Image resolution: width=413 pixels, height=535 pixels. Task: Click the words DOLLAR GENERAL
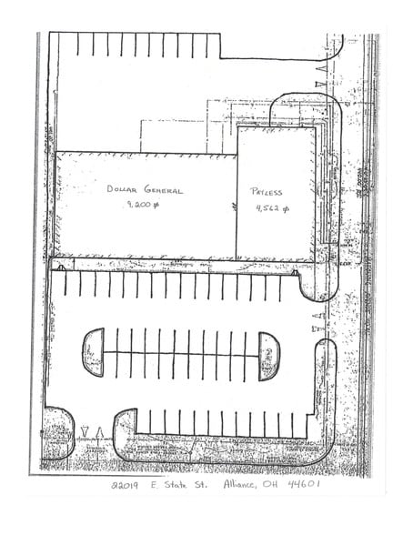143,191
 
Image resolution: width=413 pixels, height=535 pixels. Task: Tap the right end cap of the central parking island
269,355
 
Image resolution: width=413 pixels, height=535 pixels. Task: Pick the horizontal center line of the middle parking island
181,355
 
